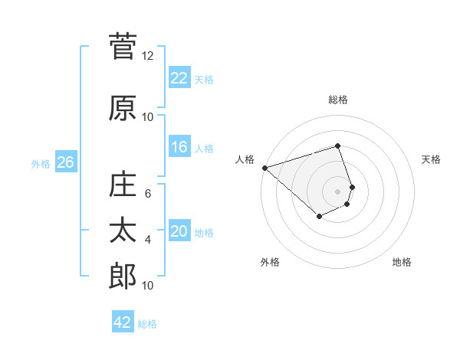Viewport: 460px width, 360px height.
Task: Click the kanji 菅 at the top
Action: click(123, 47)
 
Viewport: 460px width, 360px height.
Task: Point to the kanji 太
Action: click(123, 231)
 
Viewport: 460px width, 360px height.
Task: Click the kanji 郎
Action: click(123, 277)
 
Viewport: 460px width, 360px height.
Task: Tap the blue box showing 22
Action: click(179, 78)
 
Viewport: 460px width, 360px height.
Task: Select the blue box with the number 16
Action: click(179, 147)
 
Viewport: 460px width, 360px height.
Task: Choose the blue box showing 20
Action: click(179, 231)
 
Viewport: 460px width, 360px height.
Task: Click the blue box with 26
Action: click(65, 162)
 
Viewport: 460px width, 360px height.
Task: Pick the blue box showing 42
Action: click(123, 322)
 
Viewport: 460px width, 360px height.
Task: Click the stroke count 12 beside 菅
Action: click(148, 56)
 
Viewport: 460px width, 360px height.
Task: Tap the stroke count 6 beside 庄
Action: click(148, 194)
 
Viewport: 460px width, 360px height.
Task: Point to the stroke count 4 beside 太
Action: click(148, 240)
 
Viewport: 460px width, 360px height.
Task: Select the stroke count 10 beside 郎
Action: click(148, 286)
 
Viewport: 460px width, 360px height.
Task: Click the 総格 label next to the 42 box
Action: click(147, 324)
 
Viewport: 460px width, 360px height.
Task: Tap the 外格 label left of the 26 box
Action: click(41, 163)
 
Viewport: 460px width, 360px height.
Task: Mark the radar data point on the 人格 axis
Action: click(264, 168)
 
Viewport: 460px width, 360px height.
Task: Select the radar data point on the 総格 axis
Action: click(337, 146)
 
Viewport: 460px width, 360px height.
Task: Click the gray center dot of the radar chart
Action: click(337, 191)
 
